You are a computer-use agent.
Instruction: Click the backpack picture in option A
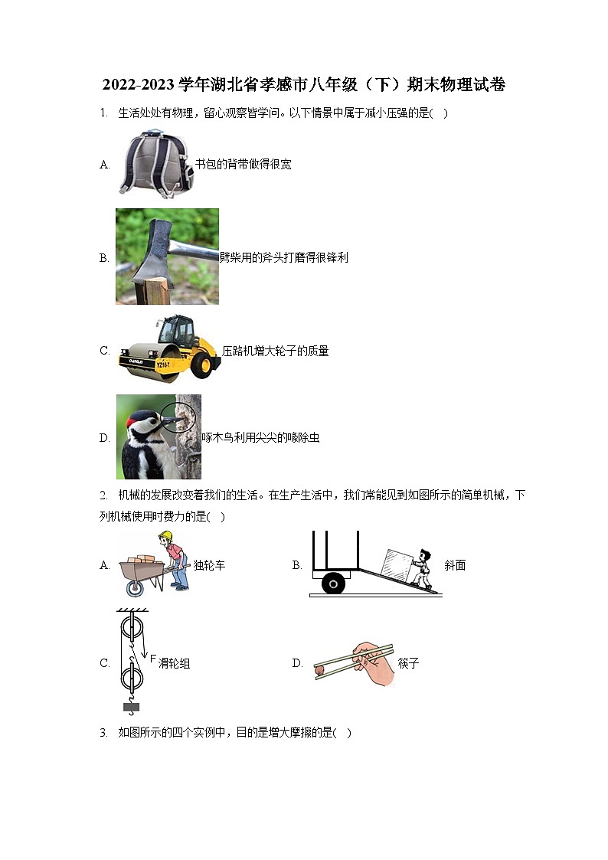[155, 163]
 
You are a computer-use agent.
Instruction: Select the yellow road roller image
[169, 350]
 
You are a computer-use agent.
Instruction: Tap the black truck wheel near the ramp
[333, 584]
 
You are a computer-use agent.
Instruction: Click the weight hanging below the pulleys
[132, 707]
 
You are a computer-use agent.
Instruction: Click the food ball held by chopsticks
[319, 671]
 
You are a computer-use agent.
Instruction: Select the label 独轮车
[209, 566]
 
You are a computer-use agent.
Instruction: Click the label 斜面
[455, 566]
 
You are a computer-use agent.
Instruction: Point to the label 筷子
[409, 663]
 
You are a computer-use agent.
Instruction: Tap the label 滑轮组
[174, 663]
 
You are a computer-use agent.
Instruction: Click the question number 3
[103, 733]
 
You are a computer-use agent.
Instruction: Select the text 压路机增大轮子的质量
[276, 352]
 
